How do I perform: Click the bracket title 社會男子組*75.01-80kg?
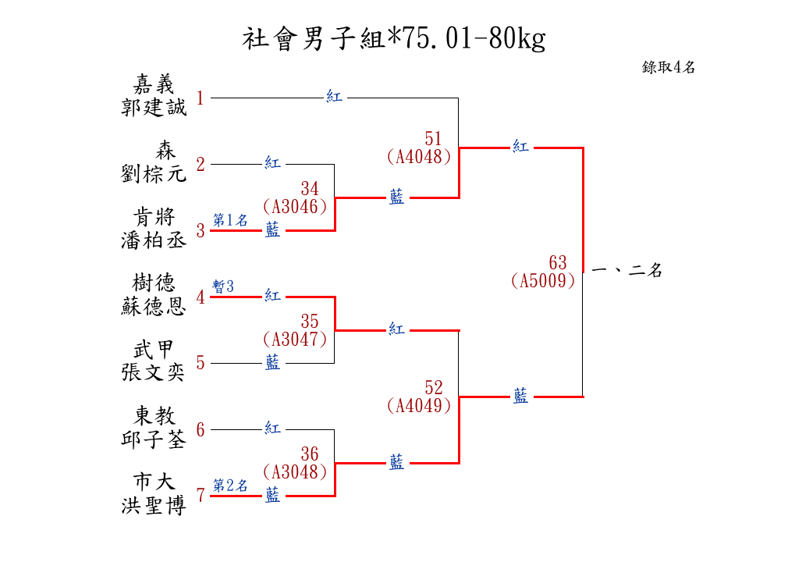tap(393, 38)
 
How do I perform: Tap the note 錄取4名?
tap(669, 67)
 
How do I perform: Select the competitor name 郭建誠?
tap(154, 107)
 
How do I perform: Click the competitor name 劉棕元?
tap(154, 173)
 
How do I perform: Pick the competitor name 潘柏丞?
tap(154, 240)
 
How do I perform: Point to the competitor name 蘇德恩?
tap(154, 306)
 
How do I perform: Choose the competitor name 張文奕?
tap(154, 372)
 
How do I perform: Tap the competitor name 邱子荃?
tap(154, 439)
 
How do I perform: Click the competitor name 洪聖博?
tap(154, 505)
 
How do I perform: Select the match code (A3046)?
tap(295, 207)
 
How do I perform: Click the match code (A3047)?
tap(295, 340)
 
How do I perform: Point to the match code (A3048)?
tap(295, 472)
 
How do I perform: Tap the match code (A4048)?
tap(419, 156)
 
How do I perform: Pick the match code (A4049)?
tap(419, 406)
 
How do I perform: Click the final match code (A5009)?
tap(544, 281)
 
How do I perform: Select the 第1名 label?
tap(230, 221)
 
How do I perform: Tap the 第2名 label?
tap(230, 486)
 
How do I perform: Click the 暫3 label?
tap(223, 287)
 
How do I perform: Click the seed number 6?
tap(201, 430)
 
